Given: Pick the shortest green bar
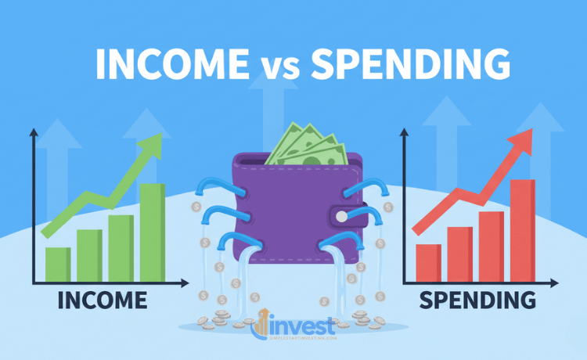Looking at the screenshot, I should (58, 264).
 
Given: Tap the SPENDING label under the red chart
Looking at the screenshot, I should (477, 300).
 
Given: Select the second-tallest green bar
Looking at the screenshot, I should (121, 247).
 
